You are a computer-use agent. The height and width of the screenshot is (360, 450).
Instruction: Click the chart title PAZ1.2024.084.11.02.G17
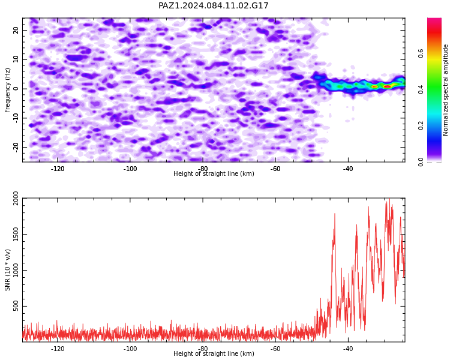(x=213, y=5)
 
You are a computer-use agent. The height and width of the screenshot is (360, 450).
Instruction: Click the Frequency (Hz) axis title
(x=7, y=90)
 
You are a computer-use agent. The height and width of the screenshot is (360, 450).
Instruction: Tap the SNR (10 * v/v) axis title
(x=7, y=270)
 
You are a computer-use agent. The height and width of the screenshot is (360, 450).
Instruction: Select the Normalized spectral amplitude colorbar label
(x=445, y=90)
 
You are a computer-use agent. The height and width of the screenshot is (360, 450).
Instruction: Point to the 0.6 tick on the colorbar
(x=421, y=53)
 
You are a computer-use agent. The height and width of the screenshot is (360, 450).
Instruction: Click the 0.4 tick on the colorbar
(x=421, y=89)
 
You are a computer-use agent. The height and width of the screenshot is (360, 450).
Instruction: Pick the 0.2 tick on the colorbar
(x=421, y=125)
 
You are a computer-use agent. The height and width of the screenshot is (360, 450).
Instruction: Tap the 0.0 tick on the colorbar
(x=421, y=161)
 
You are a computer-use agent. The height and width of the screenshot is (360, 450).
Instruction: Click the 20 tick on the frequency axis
(x=16, y=30)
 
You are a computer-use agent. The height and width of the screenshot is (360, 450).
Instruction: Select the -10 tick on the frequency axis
(x=16, y=118)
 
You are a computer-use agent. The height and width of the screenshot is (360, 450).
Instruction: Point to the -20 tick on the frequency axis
(x=16, y=147)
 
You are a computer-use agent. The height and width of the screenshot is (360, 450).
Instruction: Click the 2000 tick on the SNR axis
(x=16, y=199)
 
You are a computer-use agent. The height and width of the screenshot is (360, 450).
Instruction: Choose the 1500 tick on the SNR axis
(x=16, y=234)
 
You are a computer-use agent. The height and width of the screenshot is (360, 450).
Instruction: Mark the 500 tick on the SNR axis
(x=16, y=306)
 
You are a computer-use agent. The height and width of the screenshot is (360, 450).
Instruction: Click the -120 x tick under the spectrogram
(x=58, y=169)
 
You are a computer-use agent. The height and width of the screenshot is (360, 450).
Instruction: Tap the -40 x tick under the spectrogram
(x=348, y=169)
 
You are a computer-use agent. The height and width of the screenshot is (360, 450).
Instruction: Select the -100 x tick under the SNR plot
(x=130, y=349)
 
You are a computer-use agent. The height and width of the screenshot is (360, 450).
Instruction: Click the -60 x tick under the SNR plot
(x=275, y=349)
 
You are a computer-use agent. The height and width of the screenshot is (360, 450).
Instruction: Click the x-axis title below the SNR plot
(x=214, y=353)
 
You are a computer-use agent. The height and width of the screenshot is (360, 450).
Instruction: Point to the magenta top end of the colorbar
(x=434, y=19)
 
